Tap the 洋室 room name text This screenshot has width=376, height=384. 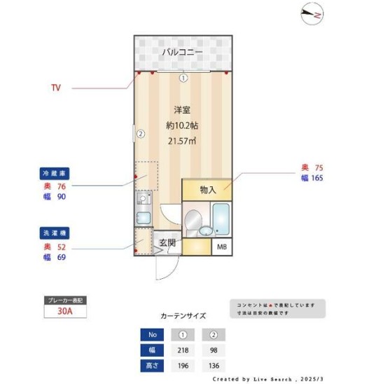[x=183, y=110]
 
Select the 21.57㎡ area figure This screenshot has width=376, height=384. [x=181, y=141]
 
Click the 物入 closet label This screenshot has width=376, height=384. [x=208, y=189]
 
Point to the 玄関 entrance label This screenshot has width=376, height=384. [x=167, y=243]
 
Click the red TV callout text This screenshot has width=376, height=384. [x=56, y=88]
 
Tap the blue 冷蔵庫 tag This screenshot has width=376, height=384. [x=55, y=172]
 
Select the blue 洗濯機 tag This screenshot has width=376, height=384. [x=55, y=232]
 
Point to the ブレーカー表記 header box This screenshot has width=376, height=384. [x=64, y=300]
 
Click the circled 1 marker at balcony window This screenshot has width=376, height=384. [x=183, y=78]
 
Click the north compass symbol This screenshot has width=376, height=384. [x=311, y=13]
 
